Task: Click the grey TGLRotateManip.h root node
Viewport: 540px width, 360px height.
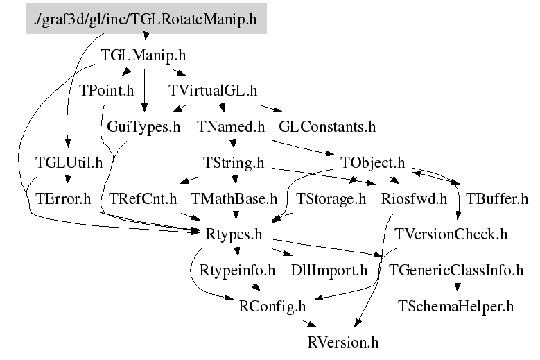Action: [x=146, y=19]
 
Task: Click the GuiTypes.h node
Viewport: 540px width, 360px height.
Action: [x=143, y=126]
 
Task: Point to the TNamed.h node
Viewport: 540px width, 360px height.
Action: [x=232, y=126]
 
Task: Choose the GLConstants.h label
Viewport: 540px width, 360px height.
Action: [x=327, y=126]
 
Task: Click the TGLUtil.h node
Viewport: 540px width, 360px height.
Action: [x=69, y=163]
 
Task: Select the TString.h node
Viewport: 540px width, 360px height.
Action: [x=234, y=163]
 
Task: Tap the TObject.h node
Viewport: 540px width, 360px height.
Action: [x=373, y=163]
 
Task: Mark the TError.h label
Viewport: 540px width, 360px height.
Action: [x=63, y=200]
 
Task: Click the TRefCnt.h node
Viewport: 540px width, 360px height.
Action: [x=143, y=200]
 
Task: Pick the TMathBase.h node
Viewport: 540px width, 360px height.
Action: [x=234, y=200]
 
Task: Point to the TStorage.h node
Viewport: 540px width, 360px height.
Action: [x=331, y=200]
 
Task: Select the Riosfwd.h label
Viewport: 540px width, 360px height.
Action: [x=414, y=200]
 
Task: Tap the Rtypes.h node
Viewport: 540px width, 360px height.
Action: [x=234, y=234]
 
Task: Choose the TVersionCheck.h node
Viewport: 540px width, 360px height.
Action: [x=451, y=234]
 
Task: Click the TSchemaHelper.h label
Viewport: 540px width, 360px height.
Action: [x=455, y=305]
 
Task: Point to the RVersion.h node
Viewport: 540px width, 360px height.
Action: [x=344, y=341]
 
